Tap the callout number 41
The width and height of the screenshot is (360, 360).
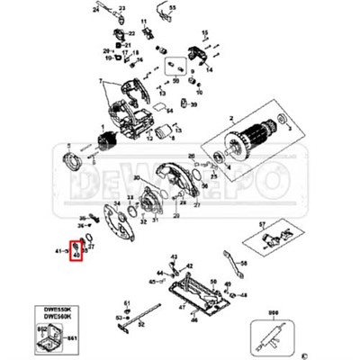[x=59, y=250]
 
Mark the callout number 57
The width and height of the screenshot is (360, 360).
[x=262, y=222]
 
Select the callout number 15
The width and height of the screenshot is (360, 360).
[x=204, y=33]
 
